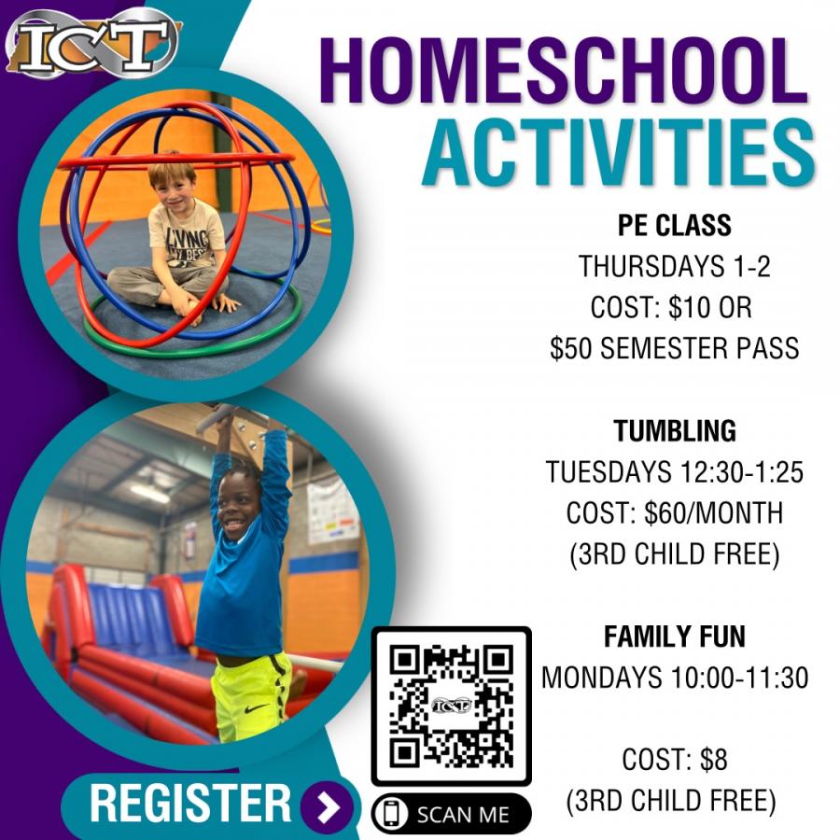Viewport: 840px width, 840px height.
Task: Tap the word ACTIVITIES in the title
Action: tap(619, 153)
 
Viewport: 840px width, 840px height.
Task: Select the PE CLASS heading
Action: tap(675, 225)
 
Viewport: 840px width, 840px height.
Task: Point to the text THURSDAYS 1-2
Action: tap(674, 266)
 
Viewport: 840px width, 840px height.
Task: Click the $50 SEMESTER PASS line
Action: tap(675, 348)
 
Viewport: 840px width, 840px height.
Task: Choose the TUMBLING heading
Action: tap(675, 430)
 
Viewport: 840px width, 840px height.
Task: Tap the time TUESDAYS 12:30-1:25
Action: tap(675, 472)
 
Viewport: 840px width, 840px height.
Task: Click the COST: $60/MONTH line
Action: tap(675, 512)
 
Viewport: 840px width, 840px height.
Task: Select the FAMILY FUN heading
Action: tap(675, 637)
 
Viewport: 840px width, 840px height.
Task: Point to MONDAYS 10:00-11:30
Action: tap(675, 678)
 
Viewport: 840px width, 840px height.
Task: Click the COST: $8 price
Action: tap(675, 760)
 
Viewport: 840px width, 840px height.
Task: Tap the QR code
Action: tap(451, 706)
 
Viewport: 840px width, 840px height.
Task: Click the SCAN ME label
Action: tap(463, 815)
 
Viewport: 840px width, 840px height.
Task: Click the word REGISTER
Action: tap(189, 803)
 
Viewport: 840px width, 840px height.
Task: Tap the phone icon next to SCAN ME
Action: tap(392, 813)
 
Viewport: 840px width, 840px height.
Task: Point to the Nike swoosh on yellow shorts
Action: tap(252, 708)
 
